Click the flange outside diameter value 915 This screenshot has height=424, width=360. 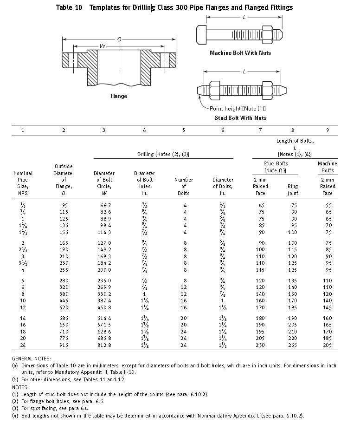[x=64, y=346]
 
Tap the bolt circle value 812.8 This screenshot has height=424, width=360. [x=105, y=346]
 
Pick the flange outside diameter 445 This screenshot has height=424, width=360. [x=64, y=300]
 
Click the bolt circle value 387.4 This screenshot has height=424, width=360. [x=105, y=300]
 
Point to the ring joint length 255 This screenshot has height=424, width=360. [x=293, y=346]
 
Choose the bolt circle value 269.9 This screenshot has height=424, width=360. [x=105, y=287]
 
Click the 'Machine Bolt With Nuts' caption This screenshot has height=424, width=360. [x=240, y=53]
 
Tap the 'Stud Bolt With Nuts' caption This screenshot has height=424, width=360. [x=240, y=118]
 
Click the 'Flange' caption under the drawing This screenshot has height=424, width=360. [x=119, y=96]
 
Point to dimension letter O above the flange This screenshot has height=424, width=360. [x=119, y=39]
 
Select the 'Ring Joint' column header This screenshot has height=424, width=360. [x=293, y=189]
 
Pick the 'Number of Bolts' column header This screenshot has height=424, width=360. [x=184, y=186]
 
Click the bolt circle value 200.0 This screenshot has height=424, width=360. [x=105, y=270]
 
